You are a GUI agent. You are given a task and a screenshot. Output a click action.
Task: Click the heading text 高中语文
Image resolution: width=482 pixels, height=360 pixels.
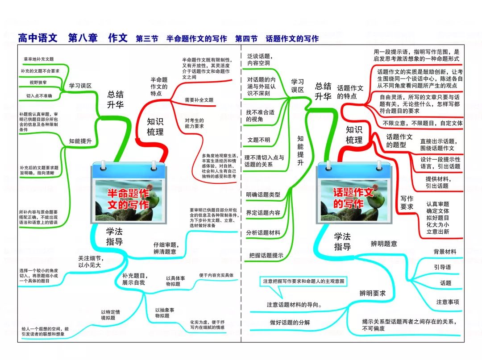tap(38, 38)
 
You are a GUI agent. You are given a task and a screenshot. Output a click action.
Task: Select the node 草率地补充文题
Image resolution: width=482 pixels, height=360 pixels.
tap(39, 59)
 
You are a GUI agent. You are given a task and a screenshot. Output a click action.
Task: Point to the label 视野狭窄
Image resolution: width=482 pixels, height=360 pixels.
tap(38, 83)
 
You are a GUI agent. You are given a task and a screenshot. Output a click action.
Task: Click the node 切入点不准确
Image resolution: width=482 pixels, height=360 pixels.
tap(39, 95)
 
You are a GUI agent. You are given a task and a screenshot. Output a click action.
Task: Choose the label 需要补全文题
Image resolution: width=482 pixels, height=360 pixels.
tap(199, 100)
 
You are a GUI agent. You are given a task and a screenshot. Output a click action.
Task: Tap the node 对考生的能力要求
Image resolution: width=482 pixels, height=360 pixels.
tap(194, 123)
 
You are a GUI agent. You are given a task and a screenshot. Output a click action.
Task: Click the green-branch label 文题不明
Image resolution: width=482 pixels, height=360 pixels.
tap(258, 140)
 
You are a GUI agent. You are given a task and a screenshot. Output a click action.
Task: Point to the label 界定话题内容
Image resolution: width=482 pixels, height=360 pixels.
tap(263, 213)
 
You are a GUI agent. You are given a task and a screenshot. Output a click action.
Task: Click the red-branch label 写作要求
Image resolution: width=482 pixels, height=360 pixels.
tap(407, 203)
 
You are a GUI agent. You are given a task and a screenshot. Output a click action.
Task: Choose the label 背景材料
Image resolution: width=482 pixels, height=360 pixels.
tap(445, 252)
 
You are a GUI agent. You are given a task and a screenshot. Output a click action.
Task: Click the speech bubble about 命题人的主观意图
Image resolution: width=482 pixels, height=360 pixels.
tap(303, 281)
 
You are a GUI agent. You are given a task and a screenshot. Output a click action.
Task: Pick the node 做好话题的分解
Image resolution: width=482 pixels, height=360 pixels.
tap(290, 323)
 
